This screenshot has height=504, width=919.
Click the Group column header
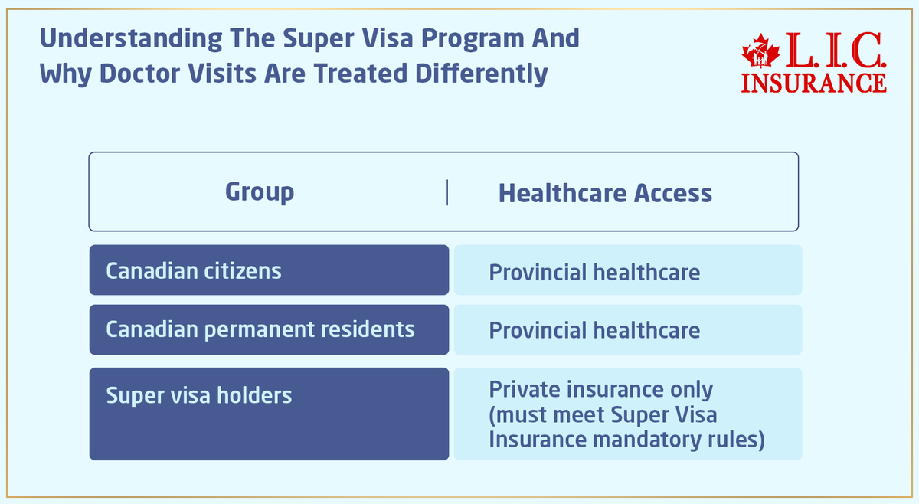click(259, 192)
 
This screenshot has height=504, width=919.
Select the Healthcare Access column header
click(605, 194)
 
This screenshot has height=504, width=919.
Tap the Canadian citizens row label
click(194, 270)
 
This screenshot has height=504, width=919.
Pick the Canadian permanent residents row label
click(260, 329)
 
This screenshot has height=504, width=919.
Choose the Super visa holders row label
click(199, 395)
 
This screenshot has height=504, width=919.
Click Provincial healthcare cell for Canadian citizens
click(594, 272)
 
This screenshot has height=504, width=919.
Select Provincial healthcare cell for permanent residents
click(594, 330)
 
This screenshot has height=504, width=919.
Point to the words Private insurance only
click(601, 389)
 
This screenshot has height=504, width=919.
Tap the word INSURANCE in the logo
click(814, 82)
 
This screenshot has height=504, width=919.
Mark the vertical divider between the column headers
click(447, 193)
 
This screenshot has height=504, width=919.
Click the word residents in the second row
click(369, 329)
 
